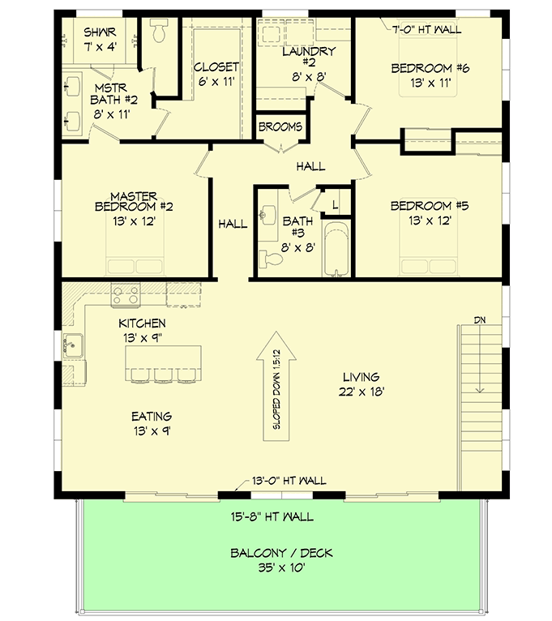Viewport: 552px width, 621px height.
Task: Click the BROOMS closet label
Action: click(x=280, y=127)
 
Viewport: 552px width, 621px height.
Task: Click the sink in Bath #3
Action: click(x=266, y=216)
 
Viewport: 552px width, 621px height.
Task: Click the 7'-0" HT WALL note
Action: click(x=426, y=30)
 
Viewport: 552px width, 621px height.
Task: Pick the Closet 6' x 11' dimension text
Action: click(x=216, y=82)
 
